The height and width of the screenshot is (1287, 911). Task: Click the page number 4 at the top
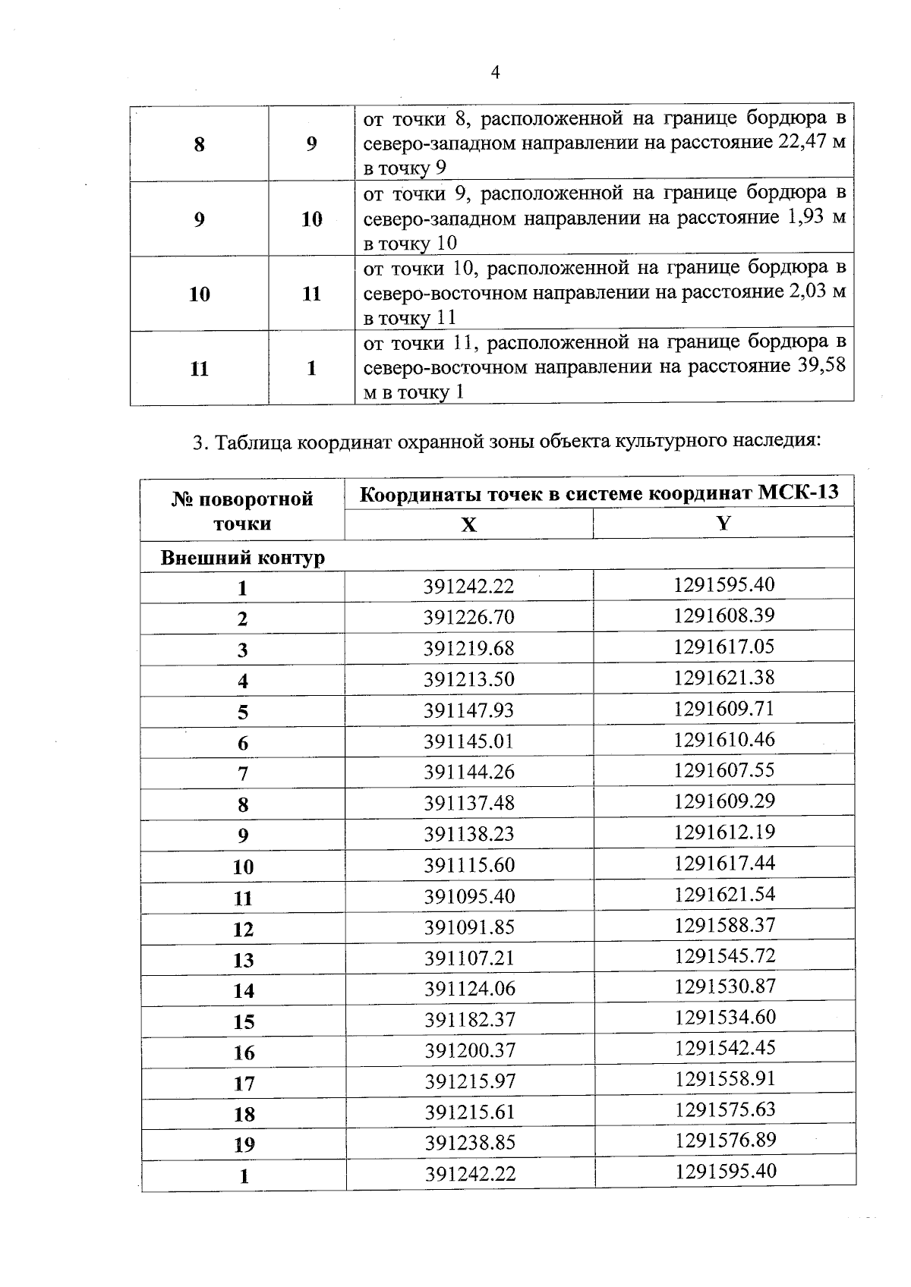pyautogui.click(x=495, y=73)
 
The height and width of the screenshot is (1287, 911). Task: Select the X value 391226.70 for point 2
pyautogui.click(x=468, y=617)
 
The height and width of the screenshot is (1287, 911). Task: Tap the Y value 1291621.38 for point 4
pyautogui.click(x=723, y=678)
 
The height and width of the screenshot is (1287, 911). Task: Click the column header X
pyautogui.click(x=468, y=524)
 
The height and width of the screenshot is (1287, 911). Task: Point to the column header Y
pyautogui.click(x=723, y=523)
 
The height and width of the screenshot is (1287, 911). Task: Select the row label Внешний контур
pyautogui.click(x=243, y=558)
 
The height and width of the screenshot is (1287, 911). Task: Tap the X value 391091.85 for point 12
pyautogui.click(x=468, y=927)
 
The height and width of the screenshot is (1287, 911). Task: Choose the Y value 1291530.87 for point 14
pyautogui.click(x=723, y=986)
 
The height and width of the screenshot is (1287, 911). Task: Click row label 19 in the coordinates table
pyautogui.click(x=244, y=1144)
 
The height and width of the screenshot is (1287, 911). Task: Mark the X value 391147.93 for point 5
pyautogui.click(x=468, y=710)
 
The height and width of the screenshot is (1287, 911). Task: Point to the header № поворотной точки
pyautogui.click(x=242, y=511)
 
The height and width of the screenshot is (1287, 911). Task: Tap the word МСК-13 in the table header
pyautogui.click(x=799, y=493)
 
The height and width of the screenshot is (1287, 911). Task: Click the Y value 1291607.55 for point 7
pyautogui.click(x=723, y=770)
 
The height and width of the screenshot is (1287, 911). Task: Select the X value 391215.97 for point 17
pyautogui.click(x=469, y=1081)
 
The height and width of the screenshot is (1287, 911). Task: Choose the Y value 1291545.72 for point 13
pyautogui.click(x=723, y=955)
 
